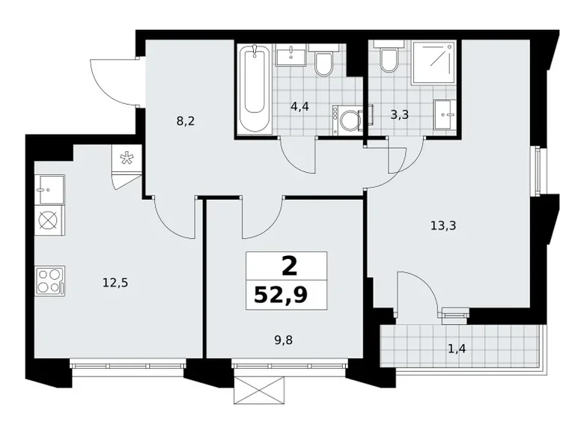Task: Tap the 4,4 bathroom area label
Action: pos(300,106)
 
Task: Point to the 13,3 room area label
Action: pos(443,224)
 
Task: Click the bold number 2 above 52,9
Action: pos(286,266)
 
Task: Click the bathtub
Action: pos(254,89)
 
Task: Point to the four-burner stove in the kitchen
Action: pos(49,281)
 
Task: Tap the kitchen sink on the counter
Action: pos(49,189)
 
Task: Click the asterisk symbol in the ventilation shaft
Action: pos(126,159)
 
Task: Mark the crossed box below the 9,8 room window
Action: pos(259,389)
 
